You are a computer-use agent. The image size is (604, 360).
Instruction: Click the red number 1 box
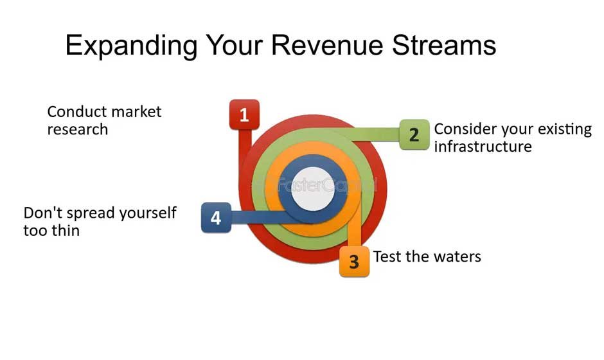(x=244, y=115)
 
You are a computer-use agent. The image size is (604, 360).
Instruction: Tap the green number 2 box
(x=414, y=135)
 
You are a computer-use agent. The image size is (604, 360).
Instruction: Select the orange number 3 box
(x=354, y=262)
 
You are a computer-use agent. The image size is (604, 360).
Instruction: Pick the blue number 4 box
(x=216, y=218)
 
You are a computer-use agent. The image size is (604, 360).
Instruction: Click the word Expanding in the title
(x=130, y=46)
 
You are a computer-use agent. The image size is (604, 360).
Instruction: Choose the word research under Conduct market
(x=77, y=129)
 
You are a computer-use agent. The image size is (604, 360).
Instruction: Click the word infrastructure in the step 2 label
(x=483, y=147)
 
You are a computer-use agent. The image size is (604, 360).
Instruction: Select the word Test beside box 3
(x=387, y=256)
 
